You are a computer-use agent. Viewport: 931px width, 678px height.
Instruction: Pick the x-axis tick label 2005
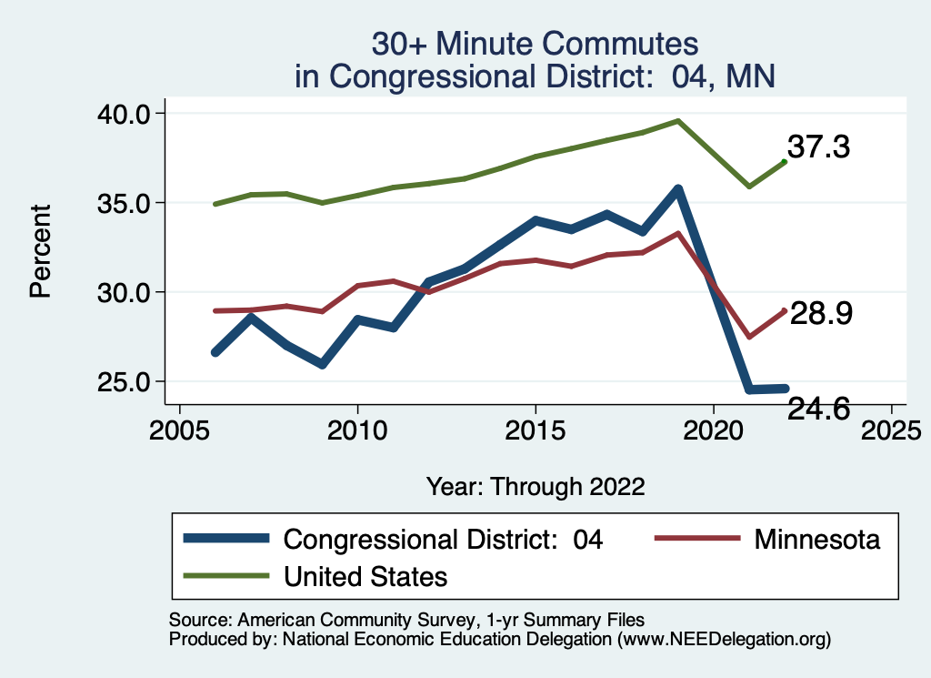179,428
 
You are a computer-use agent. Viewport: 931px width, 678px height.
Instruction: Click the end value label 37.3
818,147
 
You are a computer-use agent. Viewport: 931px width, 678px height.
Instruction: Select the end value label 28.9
820,314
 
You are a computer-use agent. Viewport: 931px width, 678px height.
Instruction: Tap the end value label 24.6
818,410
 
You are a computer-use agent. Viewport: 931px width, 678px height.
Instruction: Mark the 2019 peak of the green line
677,120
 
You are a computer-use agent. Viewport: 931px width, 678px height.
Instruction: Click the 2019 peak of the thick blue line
677,190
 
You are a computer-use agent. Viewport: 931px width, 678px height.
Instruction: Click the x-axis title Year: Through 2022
536,486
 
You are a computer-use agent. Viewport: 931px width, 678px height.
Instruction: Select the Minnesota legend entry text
816,540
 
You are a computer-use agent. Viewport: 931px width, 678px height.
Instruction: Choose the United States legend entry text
365,576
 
